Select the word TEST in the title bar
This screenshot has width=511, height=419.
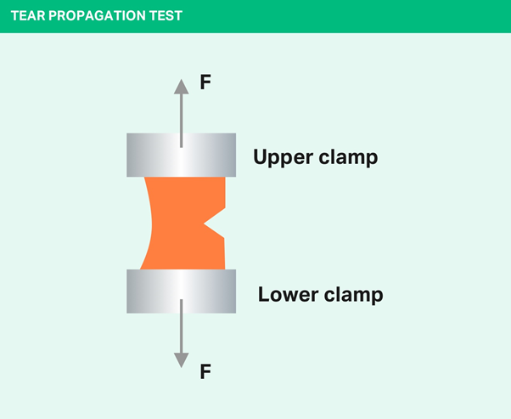(x=165, y=16)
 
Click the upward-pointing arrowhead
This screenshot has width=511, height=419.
(x=181, y=85)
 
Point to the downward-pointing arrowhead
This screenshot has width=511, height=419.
(x=181, y=360)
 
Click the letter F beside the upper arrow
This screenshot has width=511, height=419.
(x=205, y=82)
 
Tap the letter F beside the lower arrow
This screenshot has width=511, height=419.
(x=205, y=371)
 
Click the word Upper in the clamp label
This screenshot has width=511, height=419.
(x=284, y=157)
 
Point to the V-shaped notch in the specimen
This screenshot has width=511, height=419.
(x=216, y=223)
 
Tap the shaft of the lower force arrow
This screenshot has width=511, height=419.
(x=181, y=331)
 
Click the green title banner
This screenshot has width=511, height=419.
(x=340, y=16)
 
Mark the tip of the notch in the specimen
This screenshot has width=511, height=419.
(x=205, y=223)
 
